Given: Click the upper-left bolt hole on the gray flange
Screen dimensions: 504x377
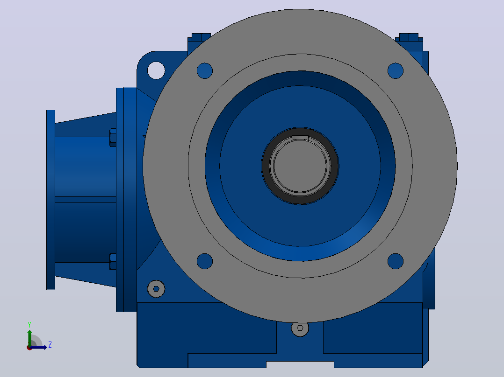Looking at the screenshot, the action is (x=205, y=71).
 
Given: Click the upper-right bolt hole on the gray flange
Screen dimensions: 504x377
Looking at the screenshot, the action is (x=396, y=71).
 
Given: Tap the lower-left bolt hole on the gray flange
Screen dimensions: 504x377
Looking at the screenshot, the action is (x=205, y=261).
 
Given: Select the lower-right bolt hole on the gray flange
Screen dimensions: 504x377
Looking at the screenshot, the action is (x=396, y=261).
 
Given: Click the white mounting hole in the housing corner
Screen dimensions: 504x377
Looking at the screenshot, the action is (x=156, y=70).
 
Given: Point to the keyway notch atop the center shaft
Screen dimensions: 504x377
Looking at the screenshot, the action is (x=300, y=138).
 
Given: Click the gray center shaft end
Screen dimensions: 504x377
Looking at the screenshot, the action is (x=300, y=166).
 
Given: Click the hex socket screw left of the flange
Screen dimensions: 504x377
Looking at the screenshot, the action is (x=156, y=289).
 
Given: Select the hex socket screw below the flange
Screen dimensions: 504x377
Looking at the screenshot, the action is (x=300, y=328).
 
